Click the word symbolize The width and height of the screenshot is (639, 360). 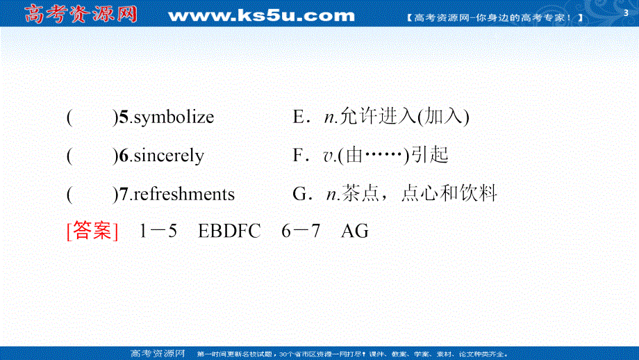click(x=173, y=117)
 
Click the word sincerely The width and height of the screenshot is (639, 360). click(x=168, y=156)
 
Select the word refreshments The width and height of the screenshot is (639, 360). click(x=183, y=194)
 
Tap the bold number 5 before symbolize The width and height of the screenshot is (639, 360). click(x=124, y=117)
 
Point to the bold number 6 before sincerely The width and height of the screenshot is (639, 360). click(x=124, y=156)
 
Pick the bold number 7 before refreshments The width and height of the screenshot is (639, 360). click(x=124, y=194)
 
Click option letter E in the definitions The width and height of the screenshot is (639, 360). click(x=299, y=117)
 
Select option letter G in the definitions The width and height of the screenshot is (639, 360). click(x=299, y=194)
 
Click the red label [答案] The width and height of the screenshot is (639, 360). click(x=92, y=231)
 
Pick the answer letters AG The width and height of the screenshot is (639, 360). click(x=354, y=231)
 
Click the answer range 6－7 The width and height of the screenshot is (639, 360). click(x=301, y=231)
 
